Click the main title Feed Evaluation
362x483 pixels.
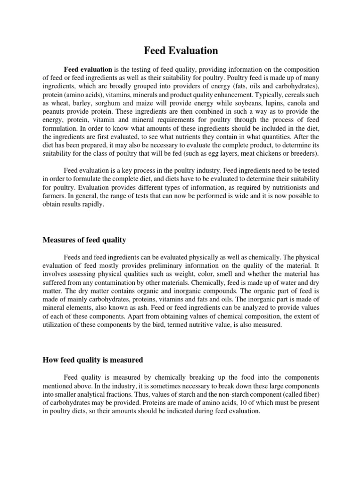click(181, 50)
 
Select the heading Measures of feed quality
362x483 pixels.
click(84, 240)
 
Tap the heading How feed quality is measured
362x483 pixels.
click(92, 360)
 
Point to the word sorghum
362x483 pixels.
click(113, 103)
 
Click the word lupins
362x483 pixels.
click(268, 103)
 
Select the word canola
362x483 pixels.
click(295, 103)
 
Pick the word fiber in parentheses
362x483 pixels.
click(308, 394)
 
